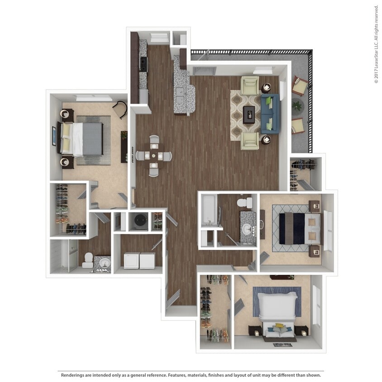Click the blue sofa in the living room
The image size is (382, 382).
[270, 114]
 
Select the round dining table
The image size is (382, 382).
[154, 156]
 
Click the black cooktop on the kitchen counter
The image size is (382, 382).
[143, 64]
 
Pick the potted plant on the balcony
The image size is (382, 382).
[297, 105]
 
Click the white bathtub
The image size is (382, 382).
[209, 210]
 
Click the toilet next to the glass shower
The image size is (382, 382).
[87, 259]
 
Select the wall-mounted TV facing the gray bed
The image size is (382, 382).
[54, 136]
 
